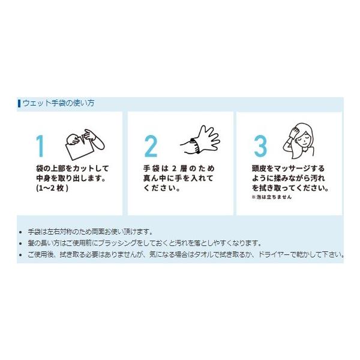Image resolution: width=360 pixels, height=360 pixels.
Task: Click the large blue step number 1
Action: pyautogui.click(x=40, y=146)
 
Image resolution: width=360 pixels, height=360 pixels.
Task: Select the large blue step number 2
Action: pyautogui.click(x=151, y=146)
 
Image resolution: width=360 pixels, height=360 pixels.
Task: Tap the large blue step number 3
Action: pyautogui.click(x=260, y=146)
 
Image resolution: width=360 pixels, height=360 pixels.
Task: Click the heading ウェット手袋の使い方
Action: pyautogui.click(x=59, y=103)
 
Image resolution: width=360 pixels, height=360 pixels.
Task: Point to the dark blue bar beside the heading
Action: pyautogui.click(x=19, y=103)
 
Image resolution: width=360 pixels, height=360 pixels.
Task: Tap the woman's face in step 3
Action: pyautogui.click(x=304, y=138)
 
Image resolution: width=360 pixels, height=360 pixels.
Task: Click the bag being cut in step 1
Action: pyautogui.click(x=79, y=151)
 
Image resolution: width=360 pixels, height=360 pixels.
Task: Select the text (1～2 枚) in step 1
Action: pyautogui.click(x=52, y=188)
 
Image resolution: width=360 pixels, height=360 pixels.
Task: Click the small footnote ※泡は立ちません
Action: pyautogui.click(x=272, y=197)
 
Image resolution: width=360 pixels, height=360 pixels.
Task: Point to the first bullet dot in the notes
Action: pyautogui.click(x=20, y=232)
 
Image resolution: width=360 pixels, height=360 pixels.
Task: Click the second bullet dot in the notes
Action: pyautogui.click(x=20, y=244)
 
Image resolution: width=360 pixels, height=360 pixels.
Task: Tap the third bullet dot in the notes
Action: pyautogui.click(x=20, y=255)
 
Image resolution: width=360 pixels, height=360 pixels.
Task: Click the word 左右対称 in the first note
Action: pyautogui.click(x=60, y=232)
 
